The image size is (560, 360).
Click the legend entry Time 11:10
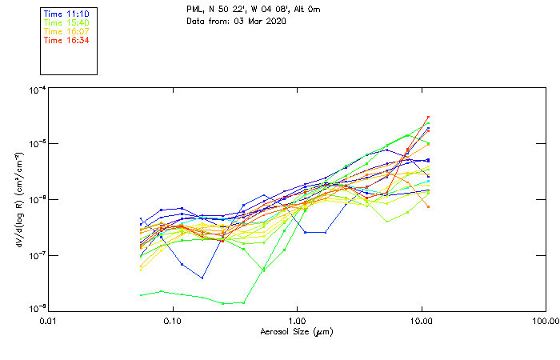pos(66,14)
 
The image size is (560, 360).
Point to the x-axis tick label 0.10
pos(172,322)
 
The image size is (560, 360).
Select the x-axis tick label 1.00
pos(297,322)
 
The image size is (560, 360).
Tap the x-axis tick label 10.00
pos(421,322)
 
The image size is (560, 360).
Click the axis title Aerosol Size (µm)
pos(296,331)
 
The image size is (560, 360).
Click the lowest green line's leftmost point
pos(142,295)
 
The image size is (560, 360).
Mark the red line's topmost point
pos(428,117)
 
